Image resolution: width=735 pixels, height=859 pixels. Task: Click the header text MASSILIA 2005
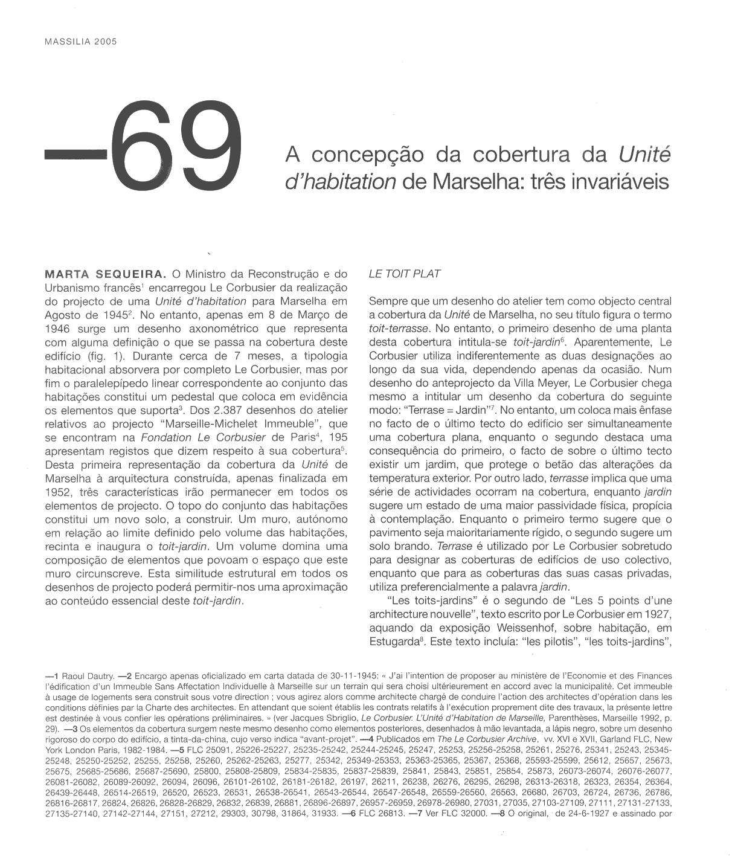80,42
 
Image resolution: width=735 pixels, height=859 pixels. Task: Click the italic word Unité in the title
644,156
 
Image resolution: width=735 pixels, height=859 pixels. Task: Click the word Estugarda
396,642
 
